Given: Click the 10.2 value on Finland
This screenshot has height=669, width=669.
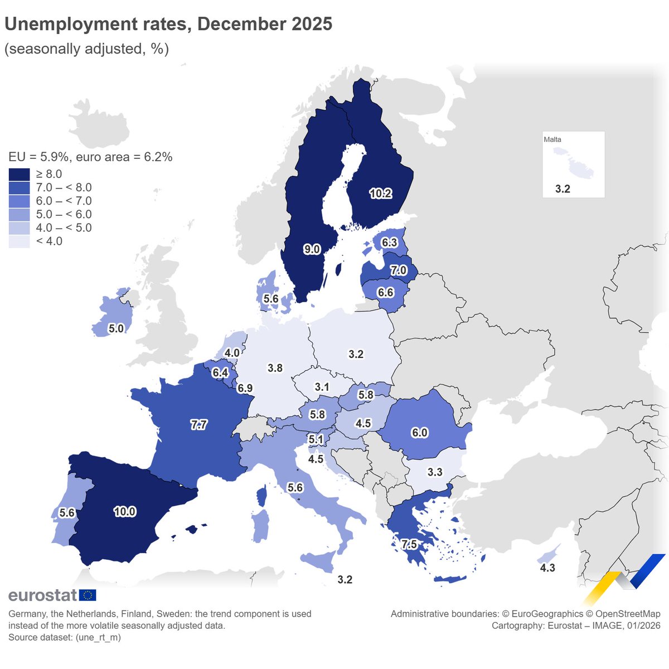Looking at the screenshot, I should pyautogui.click(x=380, y=193).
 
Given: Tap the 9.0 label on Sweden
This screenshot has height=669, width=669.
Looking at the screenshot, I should pyautogui.click(x=312, y=249).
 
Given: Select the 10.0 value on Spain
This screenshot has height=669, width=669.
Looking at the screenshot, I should pyautogui.click(x=124, y=511).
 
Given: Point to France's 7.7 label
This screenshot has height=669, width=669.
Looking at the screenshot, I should pyautogui.click(x=198, y=425).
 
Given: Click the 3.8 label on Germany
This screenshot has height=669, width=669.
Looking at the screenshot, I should pyautogui.click(x=275, y=368).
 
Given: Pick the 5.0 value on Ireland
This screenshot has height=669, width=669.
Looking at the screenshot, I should pyautogui.click(x=116, y=328).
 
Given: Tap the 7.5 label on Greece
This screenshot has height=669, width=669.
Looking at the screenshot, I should pyautogui.click(x=409, y=544).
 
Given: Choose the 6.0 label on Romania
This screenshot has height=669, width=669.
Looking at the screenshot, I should pyautogui.click(x=419, y=433).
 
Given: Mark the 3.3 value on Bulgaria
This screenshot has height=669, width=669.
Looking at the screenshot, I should pyautogui.click(x=434, y=472).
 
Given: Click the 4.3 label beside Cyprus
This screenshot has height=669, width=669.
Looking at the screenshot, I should pyautogui.click(x=547, y=568).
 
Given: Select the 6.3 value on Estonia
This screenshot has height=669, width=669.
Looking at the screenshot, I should pyautogui.click(x=389, y=242).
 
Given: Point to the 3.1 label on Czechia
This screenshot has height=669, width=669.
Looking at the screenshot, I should pyautogui.click(x=322, y=387).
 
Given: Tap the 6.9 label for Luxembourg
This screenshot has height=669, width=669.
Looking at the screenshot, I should pyautogui.click(x=245, y=388).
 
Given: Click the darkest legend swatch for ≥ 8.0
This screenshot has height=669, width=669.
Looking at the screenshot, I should pyautogui.click(x=19, y=174).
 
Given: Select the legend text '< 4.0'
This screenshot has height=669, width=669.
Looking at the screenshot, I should pyautogui.click(x=49, y=241).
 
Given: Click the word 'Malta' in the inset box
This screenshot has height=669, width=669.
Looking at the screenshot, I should pyautogui.click(x=552, y=139).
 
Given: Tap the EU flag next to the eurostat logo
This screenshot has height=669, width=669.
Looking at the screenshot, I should pyautogui.click(x=88, y=595).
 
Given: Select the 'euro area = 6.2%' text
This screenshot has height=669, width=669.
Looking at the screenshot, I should pyautogui.click(x=124, y=157).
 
